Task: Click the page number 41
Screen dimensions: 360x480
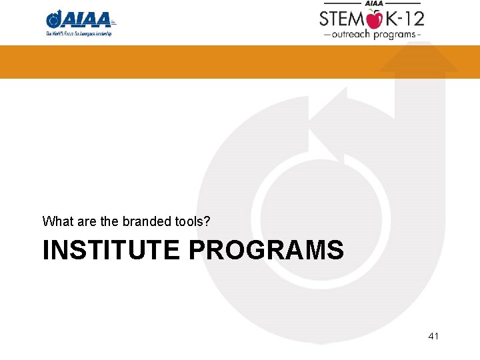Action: pyautogui.click(x=433, y=336)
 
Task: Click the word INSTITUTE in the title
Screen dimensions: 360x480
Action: pyautogui.click(x=111, y=250)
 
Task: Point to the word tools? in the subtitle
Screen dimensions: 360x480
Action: pyautogui.click(x=193, y=220)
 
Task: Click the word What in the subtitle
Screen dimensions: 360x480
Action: pyautogui.click(x=55, y=220)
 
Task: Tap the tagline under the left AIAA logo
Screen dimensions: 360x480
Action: pyautogui.click(x=79, y=33)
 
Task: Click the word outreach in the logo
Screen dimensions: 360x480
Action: pyautogui.click(x=351, y=34)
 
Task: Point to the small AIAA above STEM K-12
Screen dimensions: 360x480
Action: pyautogui.click(x=371, y=3)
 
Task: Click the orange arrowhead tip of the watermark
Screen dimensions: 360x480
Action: pyautogui.click(x=419, y=59)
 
